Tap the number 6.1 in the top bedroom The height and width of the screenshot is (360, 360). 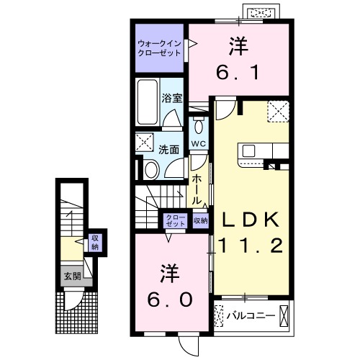coord(238,73)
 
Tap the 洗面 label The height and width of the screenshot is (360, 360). coord(168,150)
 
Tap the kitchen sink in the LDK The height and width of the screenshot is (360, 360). coord(249,150)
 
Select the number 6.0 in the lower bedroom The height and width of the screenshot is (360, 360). coord(171,297)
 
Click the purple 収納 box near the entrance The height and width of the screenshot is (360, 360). coord(94,242)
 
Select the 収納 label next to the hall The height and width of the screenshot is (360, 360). coord(200,220)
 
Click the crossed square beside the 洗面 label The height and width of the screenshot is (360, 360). coord(145,140)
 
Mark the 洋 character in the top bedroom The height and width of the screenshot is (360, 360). coord(238,47)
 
